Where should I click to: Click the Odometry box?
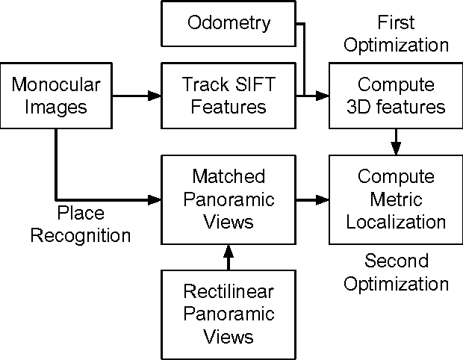[229, 23]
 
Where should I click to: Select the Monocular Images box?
[49, 96]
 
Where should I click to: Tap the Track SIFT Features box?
[229, 96]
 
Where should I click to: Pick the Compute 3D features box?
[396, 96]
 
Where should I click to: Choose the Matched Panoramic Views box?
[229, 200]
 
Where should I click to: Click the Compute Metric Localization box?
[396, 200]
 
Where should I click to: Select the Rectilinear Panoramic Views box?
[229, 312]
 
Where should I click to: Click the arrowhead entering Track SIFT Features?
[155, 96]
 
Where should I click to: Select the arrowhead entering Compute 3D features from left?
[323, 96]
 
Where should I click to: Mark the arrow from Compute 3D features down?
[396, 140]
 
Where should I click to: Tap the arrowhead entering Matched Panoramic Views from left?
[155, 200]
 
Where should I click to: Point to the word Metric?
[396, 200]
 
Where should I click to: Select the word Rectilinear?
[229, 291]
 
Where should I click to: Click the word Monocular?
[49, 85]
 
